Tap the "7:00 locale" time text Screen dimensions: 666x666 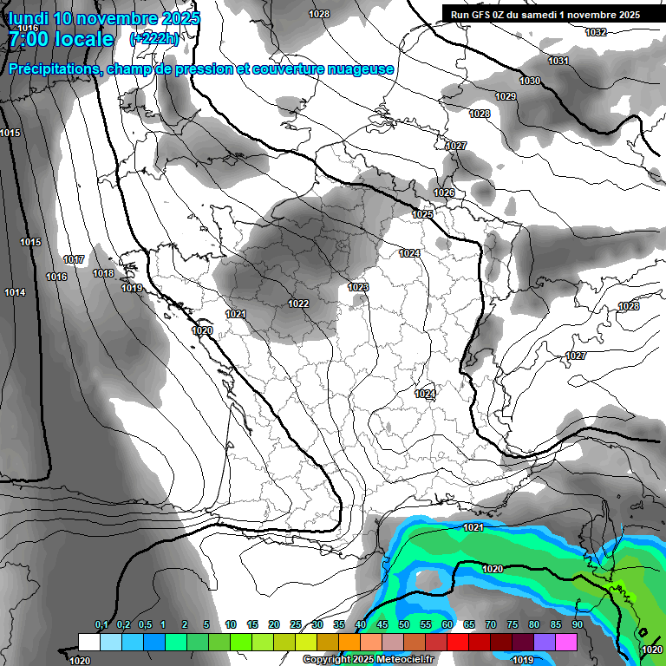pyautogui.click(x=60, y=39)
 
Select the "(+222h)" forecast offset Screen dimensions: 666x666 pyautogui.click(x=154, y=39)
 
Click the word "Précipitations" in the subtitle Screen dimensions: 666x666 pyautogui.click(x=54, y=69)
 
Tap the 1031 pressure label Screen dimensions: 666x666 pyautogui.click(x=558, y=61)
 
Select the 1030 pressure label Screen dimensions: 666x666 pyautogui.click(x=530, y=81)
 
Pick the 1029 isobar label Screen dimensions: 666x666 pyautogui.click(x=506, y=96)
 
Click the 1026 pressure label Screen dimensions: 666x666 pyautogui.click(x=444, y=193)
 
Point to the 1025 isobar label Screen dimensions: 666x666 pyautogui.click(x=422, y=214)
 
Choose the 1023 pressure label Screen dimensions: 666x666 pyautogui.click(x=358, y=287)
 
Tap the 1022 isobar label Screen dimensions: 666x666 pyautogui.click(x=298, y=304)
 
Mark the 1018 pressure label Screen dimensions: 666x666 pyautogui.click(x=103, y=273)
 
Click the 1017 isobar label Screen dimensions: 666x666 pyautogui.click(x=74, y=260)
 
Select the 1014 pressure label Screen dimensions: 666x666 pyautogui.click(x=15, y=293)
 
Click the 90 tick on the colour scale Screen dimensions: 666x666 pyautogui.click(x=577, y=625)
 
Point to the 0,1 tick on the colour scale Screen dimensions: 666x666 pyautogui.click(x=101, y=625)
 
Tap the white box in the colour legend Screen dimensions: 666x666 pyautogui.click(x=89, y=642)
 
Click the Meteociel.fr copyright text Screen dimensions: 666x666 pyautogui.click(x=368, y=660)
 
